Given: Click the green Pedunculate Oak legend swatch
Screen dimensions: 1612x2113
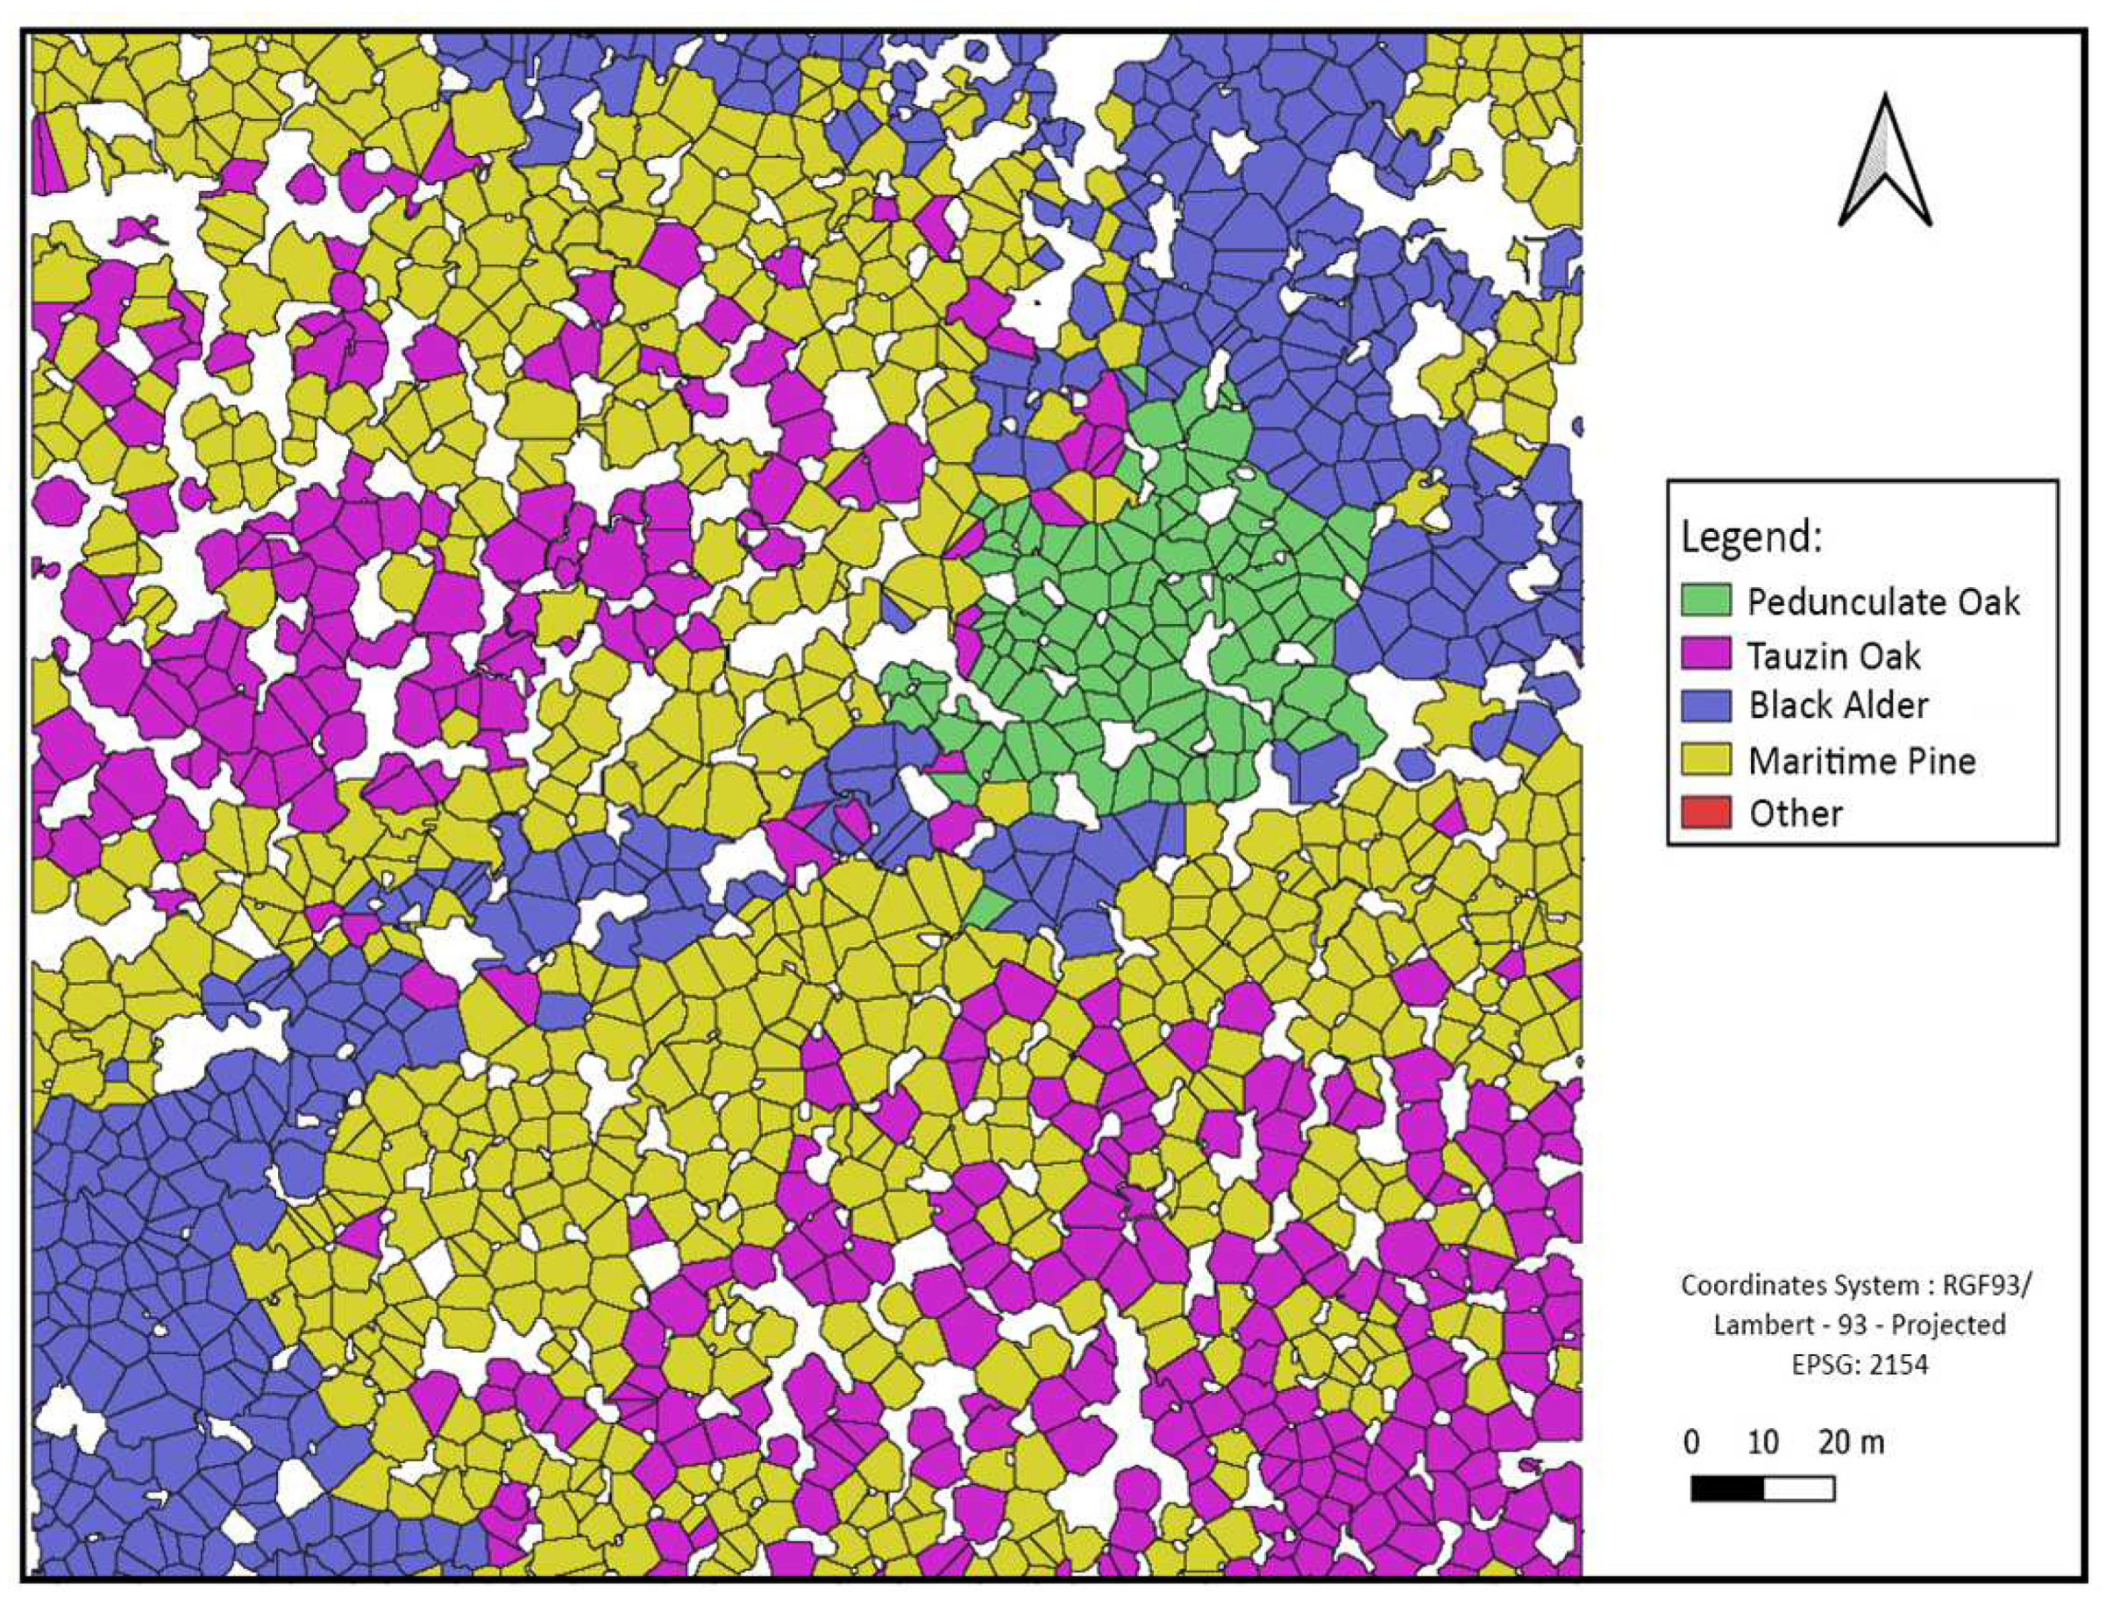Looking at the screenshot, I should [x=1705, y=600].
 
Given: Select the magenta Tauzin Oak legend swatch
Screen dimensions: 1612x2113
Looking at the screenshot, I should [x=1705, y=655].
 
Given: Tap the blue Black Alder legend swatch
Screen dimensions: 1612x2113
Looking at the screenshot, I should [x=1705, y=706].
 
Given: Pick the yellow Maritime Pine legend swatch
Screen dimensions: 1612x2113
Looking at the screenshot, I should [x=1705, y=760].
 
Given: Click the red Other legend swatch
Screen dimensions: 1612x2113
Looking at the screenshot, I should [x=1705, y=813].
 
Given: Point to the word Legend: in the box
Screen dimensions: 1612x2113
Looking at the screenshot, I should [x=1750, y=537].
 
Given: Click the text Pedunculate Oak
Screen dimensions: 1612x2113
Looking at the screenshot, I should [x=1882, y=601].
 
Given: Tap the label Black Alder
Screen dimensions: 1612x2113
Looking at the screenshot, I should [x=1838, y=707].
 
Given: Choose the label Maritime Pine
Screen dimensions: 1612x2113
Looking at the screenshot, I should [x=1861, y=761].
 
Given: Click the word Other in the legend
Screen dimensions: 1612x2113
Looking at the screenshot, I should [x=1795, y=813].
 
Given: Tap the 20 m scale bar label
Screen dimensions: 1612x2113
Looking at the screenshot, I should [x=1850, y=1442].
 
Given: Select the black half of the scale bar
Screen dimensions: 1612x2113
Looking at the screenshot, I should [x=1726, y=1488].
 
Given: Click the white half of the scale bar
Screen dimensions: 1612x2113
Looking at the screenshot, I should [x=1798, y=1488].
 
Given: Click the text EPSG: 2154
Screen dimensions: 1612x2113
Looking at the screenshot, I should [x=1859, y=1365].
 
